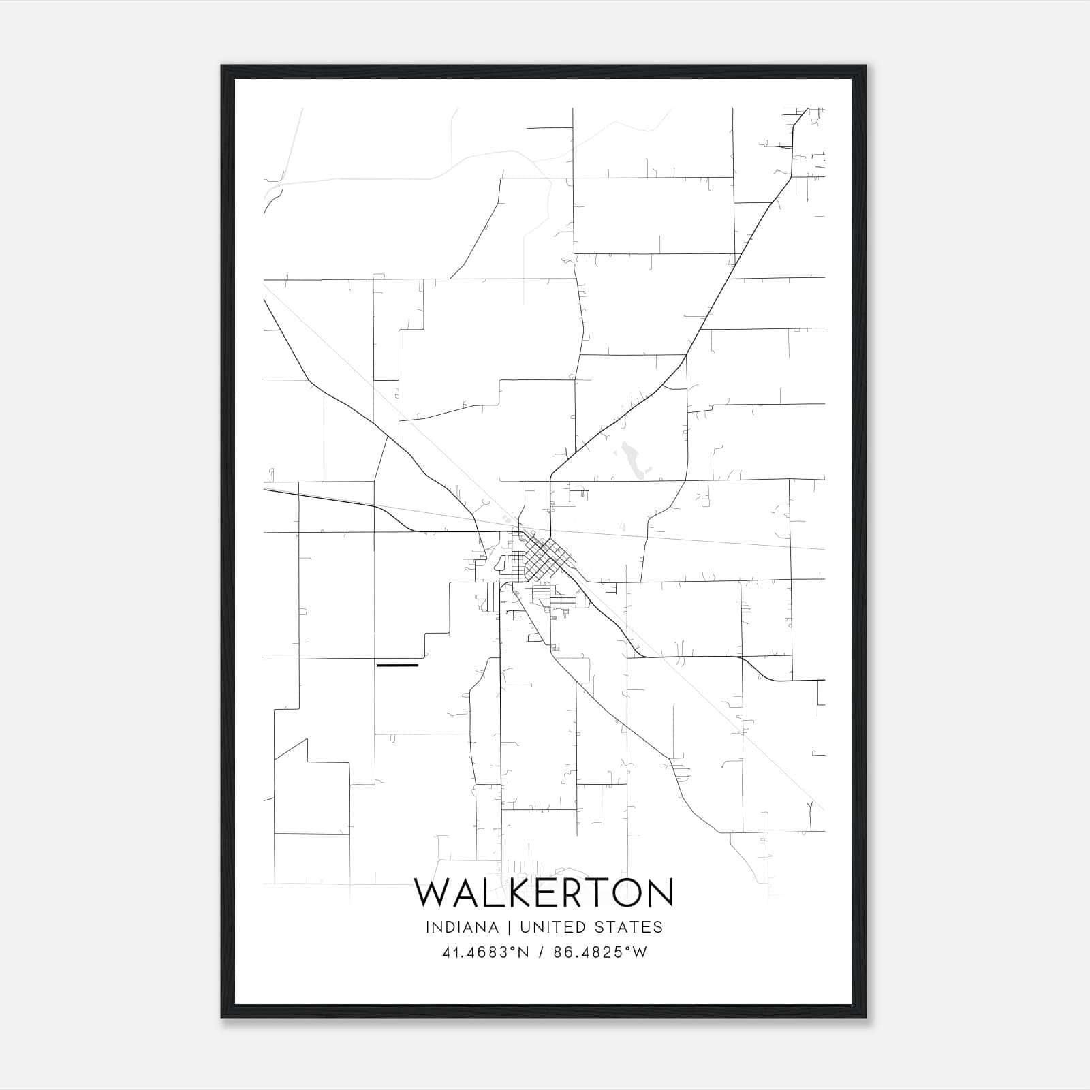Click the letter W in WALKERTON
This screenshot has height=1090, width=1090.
(433, 893)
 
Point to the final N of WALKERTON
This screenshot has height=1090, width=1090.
(657, 893)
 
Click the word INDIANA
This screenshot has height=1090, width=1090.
(462, 927)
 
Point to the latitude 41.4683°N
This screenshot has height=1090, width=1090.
(486, 952)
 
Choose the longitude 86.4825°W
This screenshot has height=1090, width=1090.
(599, 952)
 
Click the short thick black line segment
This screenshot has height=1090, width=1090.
(397, 664)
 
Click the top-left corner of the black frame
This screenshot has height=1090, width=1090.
(222, 67)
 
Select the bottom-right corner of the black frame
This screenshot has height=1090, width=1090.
(866, 1018)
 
